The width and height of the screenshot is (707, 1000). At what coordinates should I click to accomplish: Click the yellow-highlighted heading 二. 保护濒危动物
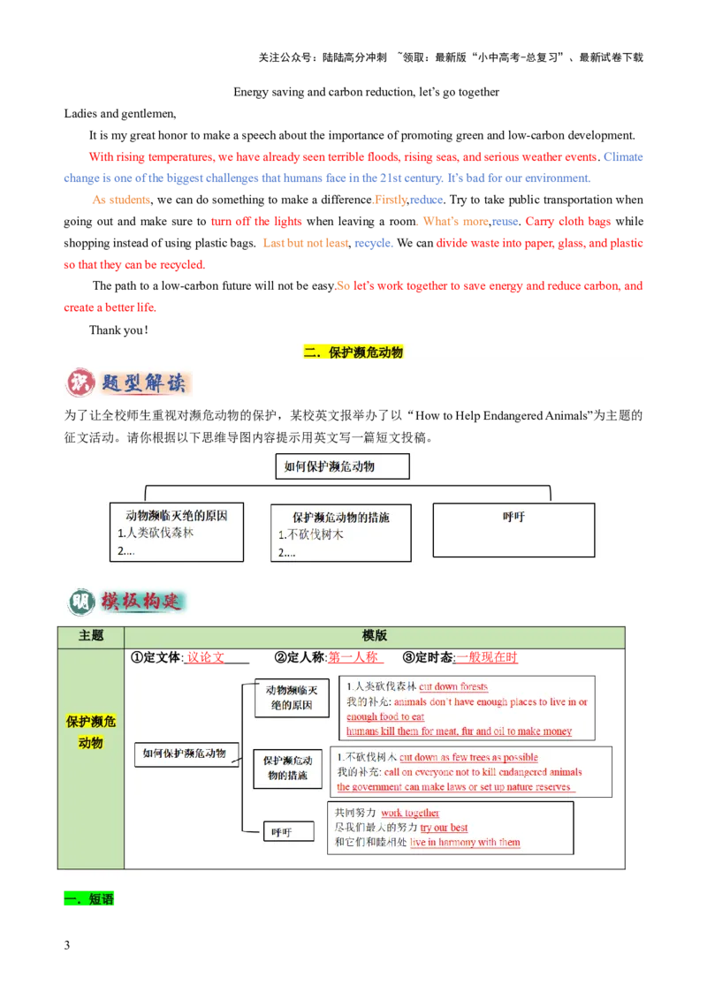(x=353, y=352)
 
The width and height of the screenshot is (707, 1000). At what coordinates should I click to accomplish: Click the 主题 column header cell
(x=91, y=636)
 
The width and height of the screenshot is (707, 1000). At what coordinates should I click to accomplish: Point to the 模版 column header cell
(x=375, y=636)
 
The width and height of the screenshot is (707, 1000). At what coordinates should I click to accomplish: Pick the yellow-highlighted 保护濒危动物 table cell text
(x=91, y=732)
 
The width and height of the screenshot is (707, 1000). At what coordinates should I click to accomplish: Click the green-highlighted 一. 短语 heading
(x=90, y=900)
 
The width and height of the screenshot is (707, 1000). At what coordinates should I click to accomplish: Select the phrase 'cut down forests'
(x=453, y=686)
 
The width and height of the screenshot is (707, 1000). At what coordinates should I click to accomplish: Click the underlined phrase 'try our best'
(x=444, y=828)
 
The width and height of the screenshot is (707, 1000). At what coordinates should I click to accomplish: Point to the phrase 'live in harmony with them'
(x=465, y=843)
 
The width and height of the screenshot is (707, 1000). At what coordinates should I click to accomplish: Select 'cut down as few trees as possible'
(x=468, y=757)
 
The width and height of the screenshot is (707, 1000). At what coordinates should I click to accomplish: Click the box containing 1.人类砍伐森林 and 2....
(x=177, y=532)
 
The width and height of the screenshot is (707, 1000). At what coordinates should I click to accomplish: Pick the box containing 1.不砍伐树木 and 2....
(x=340, y=533)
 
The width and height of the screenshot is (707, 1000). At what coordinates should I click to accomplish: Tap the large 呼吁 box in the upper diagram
(x=513, y=530)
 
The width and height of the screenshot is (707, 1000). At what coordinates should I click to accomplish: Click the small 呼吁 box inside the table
(x=281, y=832)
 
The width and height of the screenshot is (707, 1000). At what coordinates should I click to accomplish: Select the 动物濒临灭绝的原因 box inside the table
(x=291, y=697)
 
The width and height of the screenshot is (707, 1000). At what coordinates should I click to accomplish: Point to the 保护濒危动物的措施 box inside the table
(x=287, y=769)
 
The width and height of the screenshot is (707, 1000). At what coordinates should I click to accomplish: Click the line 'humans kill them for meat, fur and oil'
(x=459, y=731)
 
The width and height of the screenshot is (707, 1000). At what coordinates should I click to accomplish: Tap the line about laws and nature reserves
(x=455, y=787)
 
